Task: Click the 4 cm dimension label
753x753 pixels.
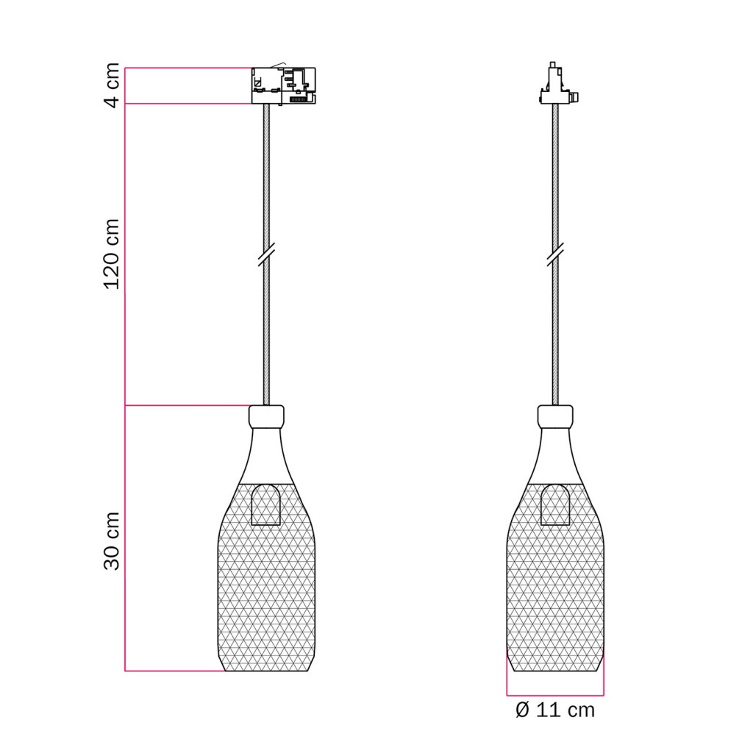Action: (x=113, y=85)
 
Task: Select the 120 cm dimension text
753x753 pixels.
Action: (x=112, y=254)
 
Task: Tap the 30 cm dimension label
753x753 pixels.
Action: (x=112, y=540)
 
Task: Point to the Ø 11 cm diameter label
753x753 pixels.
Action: (x=555, y=710)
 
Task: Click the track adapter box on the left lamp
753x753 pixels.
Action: (x=284, y=85)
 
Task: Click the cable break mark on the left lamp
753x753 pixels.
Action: (x=266, y=254)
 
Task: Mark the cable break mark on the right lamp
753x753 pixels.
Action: (x=555, y=254)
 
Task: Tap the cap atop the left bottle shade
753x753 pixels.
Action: (x=266, y=416)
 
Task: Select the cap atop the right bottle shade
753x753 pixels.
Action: (x=555, y=416)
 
